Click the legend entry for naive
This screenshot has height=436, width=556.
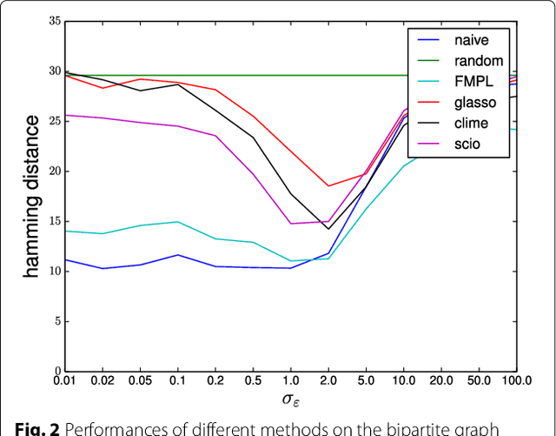tap(468, 40)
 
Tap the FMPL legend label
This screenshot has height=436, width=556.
tap(470, 82)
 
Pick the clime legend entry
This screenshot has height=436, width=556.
tap(468, 124)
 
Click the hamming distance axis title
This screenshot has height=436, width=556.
tap(31, 197)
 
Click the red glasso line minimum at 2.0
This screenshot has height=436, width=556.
tap(328, 185)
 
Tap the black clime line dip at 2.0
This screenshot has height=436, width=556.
tap(328, 229)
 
